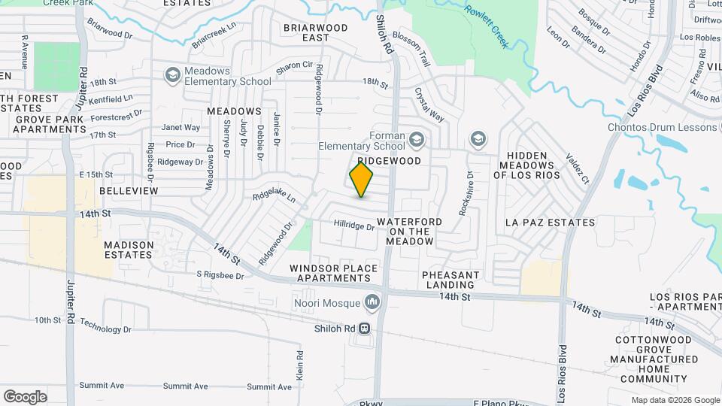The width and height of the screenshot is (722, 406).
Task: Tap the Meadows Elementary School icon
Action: click(172, 74)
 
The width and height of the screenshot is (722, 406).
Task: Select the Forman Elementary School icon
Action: click(417, 139)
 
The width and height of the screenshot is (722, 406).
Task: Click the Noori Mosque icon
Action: click(372, 303)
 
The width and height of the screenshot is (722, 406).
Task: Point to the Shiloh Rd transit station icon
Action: click(365, 329)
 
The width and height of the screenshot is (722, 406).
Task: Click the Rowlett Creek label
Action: click(487, 26)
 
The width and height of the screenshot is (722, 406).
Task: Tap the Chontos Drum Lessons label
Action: click(663, 127)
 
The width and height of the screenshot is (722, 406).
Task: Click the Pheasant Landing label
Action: click(450, 280)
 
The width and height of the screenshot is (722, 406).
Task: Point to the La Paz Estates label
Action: click(550, 223)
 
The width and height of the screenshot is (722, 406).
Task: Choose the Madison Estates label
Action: click(129, 250)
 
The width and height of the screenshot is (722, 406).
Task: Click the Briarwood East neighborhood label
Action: click(315, 32)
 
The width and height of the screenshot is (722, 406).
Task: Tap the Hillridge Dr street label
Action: click(353, 226)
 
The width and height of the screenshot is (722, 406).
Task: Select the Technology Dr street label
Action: click(105, 329)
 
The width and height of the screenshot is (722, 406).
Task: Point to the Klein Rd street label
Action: click(299, 365)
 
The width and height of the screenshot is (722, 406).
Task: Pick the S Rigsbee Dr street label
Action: click(220, 276)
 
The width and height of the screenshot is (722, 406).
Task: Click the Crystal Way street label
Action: click(429, 105)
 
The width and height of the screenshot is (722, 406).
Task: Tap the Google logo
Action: click(25, 397)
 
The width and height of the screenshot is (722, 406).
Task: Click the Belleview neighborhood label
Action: click(129, 191)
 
